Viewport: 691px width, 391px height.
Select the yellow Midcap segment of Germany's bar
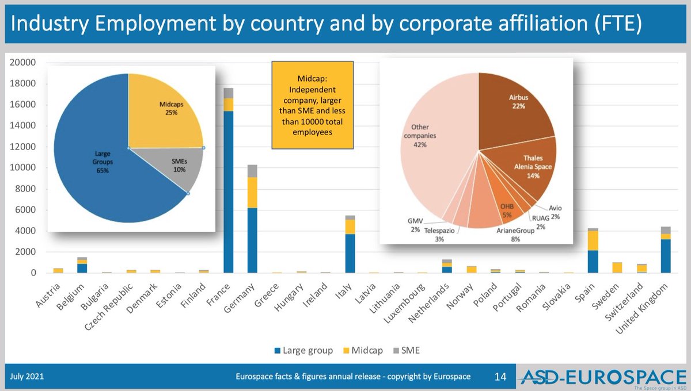point(252,193)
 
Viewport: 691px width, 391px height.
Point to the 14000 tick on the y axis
point(25,126)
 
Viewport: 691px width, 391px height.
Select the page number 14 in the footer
point(500,377)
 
